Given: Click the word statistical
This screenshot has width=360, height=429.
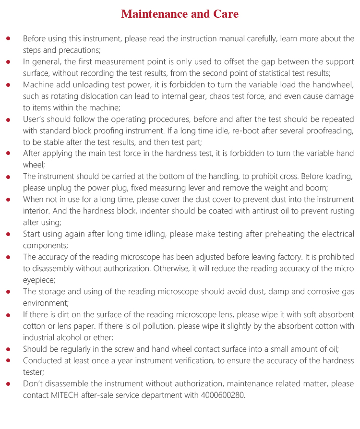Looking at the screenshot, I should (254, 73).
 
